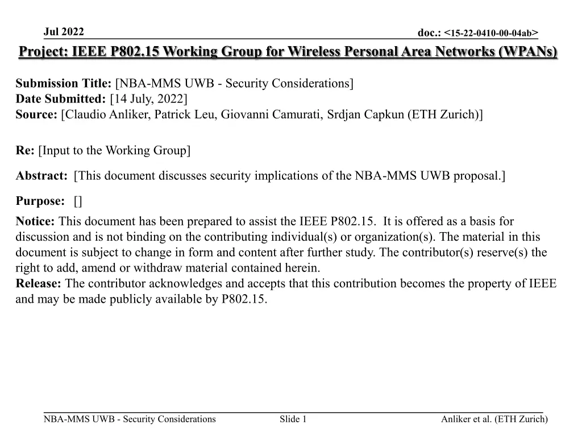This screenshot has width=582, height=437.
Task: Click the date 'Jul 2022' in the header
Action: (x=63, y=31)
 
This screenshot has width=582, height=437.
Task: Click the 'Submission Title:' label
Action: (x=64, y=84)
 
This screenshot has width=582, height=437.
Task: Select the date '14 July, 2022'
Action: (x=148, y=99)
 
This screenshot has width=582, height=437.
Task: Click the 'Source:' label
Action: (x=36, y=114)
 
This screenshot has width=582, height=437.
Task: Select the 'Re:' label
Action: (x=25, y=151)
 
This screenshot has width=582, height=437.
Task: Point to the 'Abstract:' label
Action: (x=41, y=176)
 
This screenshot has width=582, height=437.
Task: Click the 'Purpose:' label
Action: (x=40, y=201)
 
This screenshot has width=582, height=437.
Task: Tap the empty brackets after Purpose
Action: (x=78, y=201)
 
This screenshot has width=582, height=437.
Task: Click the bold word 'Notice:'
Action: (x=35, y=221)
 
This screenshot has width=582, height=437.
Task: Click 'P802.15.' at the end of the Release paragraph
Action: (x=244, y=299)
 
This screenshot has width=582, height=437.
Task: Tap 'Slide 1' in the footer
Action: (x=293, y=419)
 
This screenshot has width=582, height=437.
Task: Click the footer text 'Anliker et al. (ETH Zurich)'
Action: (x=494, y=419)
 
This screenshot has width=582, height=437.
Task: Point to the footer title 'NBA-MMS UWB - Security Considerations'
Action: (x=130, y=419)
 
